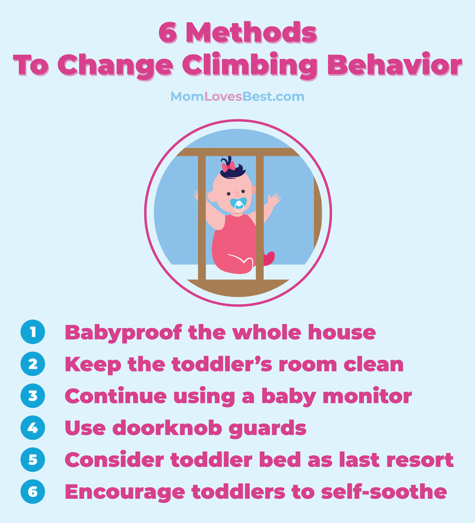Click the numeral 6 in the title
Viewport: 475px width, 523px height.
pyautogui.click(x=168, y=33)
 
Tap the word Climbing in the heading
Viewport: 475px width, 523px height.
pyautogui.click(x=249, y=66)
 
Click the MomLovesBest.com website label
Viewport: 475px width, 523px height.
pyautogui.click(x=237, y=96)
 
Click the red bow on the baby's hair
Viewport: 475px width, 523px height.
pyautogui.click(x=228, y=166)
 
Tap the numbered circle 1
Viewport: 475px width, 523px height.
pyautogui.click(x=33, y=332)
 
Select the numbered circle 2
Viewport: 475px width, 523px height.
pyautogui.click(x=33, y=364)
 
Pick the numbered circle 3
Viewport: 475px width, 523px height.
pyautogui.click(x=33, y=396)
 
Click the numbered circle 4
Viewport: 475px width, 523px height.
pyautogui.click(x=33, y=428)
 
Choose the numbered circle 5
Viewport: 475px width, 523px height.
pyautogui.click(x=33, y=459)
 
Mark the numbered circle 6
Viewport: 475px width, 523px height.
pyautogui.click(x=33, y=492)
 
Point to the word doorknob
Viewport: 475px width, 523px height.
pyautogui.click(x=167, y=428)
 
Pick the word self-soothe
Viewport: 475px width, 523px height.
pyautogui.click(x=384, y=492)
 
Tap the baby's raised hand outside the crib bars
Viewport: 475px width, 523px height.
pyautogui.click(x=274, y=200)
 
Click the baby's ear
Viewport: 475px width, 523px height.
pyautogui.click(x=211, y=196)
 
